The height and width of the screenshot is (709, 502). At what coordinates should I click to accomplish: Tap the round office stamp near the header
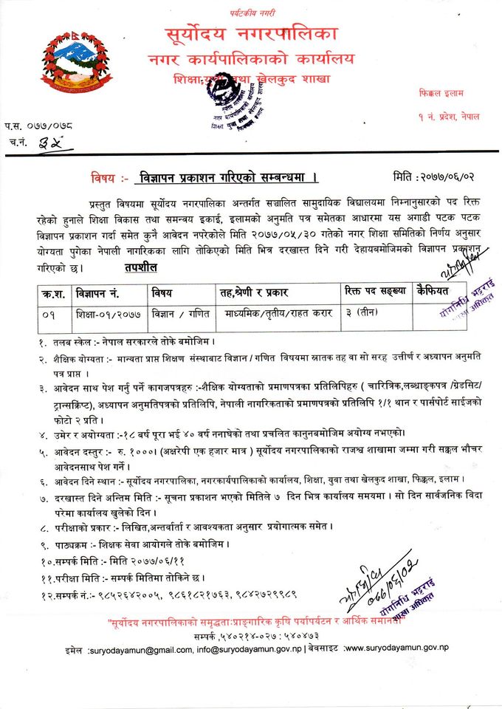click(226, 92)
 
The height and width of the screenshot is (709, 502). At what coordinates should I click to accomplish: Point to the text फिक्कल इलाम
click(439, 95)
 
